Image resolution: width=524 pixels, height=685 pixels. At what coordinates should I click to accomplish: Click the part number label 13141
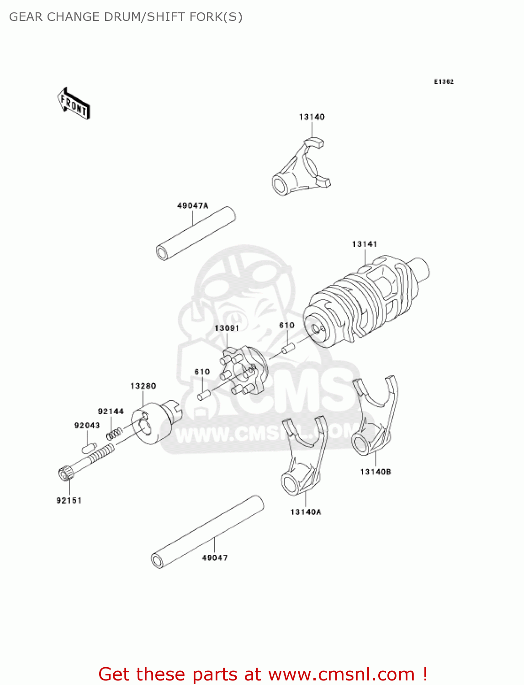(x=364, y=244)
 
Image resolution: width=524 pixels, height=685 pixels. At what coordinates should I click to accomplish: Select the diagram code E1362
(x=444, y=82)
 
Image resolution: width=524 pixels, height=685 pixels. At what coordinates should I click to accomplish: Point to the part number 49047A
(x=192, y=206)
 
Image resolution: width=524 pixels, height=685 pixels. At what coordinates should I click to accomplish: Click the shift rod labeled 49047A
(x=196, y=233)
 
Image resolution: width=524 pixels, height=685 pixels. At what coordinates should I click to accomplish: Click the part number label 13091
(x=227, y=328)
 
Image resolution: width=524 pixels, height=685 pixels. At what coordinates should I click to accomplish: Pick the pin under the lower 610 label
(x=203, y=395)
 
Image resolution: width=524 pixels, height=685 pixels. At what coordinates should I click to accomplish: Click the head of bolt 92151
(x=64, y=473)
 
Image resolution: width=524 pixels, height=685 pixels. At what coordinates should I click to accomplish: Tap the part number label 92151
(x=69, y=501)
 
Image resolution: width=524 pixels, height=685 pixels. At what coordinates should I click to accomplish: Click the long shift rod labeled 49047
(x=208, y=532)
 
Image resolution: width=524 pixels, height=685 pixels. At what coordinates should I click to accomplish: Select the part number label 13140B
(x=376, y=472)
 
